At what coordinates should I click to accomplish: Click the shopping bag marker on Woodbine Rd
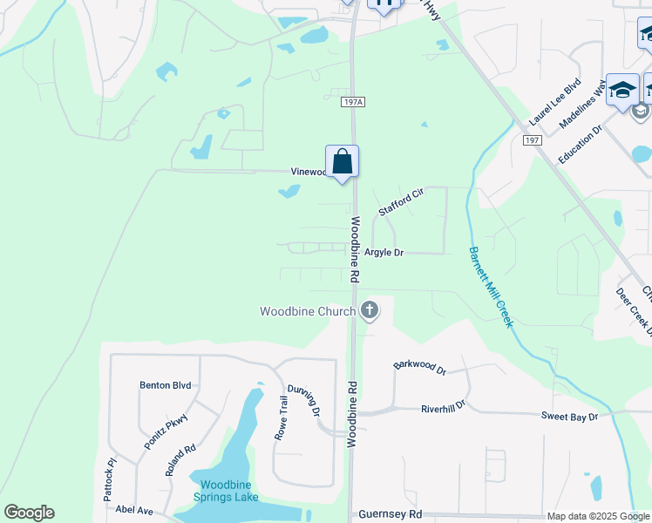pyautogui.click(x=342, y=161)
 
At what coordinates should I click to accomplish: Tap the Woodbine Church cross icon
pyautogui.click(x=370, y=309)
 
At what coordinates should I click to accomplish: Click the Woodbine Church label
pyautogui.click(x=308, y=311)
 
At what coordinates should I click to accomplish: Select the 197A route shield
pyautogui.click(x=352, y=103)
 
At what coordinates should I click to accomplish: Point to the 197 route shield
pyautogui.click(x=533, y=140)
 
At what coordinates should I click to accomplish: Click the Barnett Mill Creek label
pyautogui.click(x=491, y=287)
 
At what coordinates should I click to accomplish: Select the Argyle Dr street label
pyautogui.click(x=384, y=253)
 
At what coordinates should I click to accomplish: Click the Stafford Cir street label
pyautogui.click(x=400, y=201)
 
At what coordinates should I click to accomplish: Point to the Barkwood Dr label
pyautogui.click(x=419, y=368)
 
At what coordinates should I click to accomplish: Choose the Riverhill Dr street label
pyautogui.click(x=443, y=407)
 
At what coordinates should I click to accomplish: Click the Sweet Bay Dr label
pyautogui.click(x=569, y=418)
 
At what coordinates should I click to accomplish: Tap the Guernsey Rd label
pyautogui.click(x=391, y=514)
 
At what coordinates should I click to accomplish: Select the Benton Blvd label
pyautogui.click(x=165, y=384)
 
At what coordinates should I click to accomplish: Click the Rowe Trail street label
pyautogui.click(x=282, y=418)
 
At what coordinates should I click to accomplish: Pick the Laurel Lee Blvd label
pyautogui.click(x=555, y=103)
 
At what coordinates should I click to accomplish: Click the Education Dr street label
pyautogui.click(x=581, y=141)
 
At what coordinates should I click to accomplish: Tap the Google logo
pyautogui.click(x=29, y=513)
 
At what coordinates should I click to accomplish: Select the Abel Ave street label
pyautogui.click(x=134, y=511)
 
